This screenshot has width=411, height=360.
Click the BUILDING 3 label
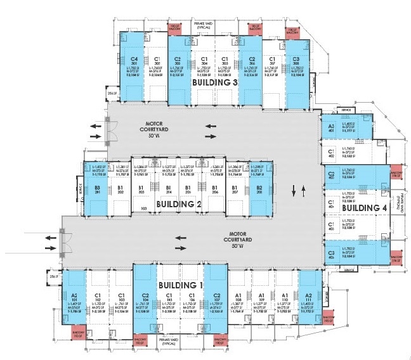(x=216, y=82)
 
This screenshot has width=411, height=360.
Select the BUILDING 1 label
(x=179, y=285)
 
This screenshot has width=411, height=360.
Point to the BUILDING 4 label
(x=359, y=208)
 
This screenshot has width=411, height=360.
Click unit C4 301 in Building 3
(x=133, y=63)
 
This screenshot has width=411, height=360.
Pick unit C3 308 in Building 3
(x=297, y=63)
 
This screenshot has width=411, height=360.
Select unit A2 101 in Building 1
(x=74, y=298)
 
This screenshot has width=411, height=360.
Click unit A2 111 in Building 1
(x=309, y=298)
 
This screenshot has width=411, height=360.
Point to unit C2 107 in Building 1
(x=216, y=298)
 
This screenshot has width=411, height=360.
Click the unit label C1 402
(x=331, y=153)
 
